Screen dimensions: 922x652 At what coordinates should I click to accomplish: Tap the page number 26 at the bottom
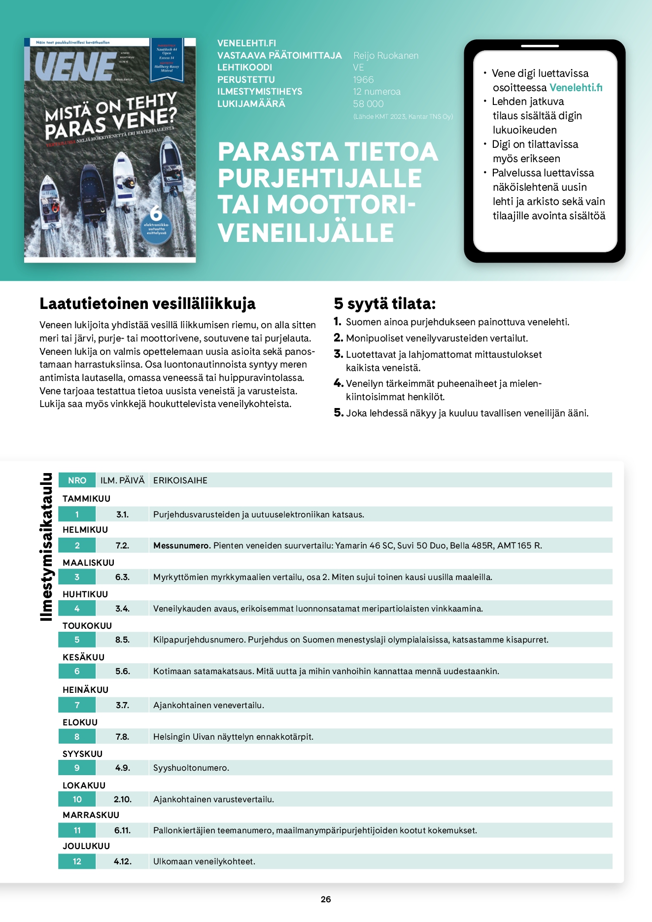click(x=326, y=899)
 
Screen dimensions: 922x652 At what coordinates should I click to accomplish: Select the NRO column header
click(x=77, y=480)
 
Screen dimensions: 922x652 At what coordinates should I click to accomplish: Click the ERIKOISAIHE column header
click(x=180, y=480)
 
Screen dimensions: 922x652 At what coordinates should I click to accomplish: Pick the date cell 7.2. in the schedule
click(x=122, y=546)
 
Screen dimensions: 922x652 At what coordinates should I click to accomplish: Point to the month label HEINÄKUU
click(x=85, y=690)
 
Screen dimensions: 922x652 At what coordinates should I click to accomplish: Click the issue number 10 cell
click(x=77, y=799)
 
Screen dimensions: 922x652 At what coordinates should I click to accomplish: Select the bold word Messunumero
click(x=182, y=546)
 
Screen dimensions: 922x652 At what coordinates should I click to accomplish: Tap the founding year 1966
click(x=363, y=80)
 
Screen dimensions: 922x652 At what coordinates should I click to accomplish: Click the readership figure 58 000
click(x=368, y=104)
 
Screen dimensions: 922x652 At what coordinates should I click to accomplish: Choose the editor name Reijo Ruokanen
click(x=386, y=56)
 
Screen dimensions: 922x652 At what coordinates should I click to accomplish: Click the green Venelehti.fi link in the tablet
click(x=576, y=88)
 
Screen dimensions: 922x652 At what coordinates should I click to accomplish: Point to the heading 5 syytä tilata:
click(x=385, y=304)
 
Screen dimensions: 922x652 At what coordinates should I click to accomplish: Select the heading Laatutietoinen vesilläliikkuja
click(x=147, y=304)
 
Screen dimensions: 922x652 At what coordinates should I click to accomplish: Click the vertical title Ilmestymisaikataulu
click(x=46, y=546)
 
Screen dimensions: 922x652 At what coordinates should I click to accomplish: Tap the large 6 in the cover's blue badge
click(x=156, y=214)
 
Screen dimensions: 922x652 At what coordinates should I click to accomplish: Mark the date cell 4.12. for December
click(x=122, y=861)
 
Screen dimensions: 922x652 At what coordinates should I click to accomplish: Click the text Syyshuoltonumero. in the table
click(x=191, y=768)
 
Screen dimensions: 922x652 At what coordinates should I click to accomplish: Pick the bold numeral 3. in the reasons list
click(x=338, y=354)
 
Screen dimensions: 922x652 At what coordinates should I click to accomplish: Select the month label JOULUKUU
click(x=86, y=846)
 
